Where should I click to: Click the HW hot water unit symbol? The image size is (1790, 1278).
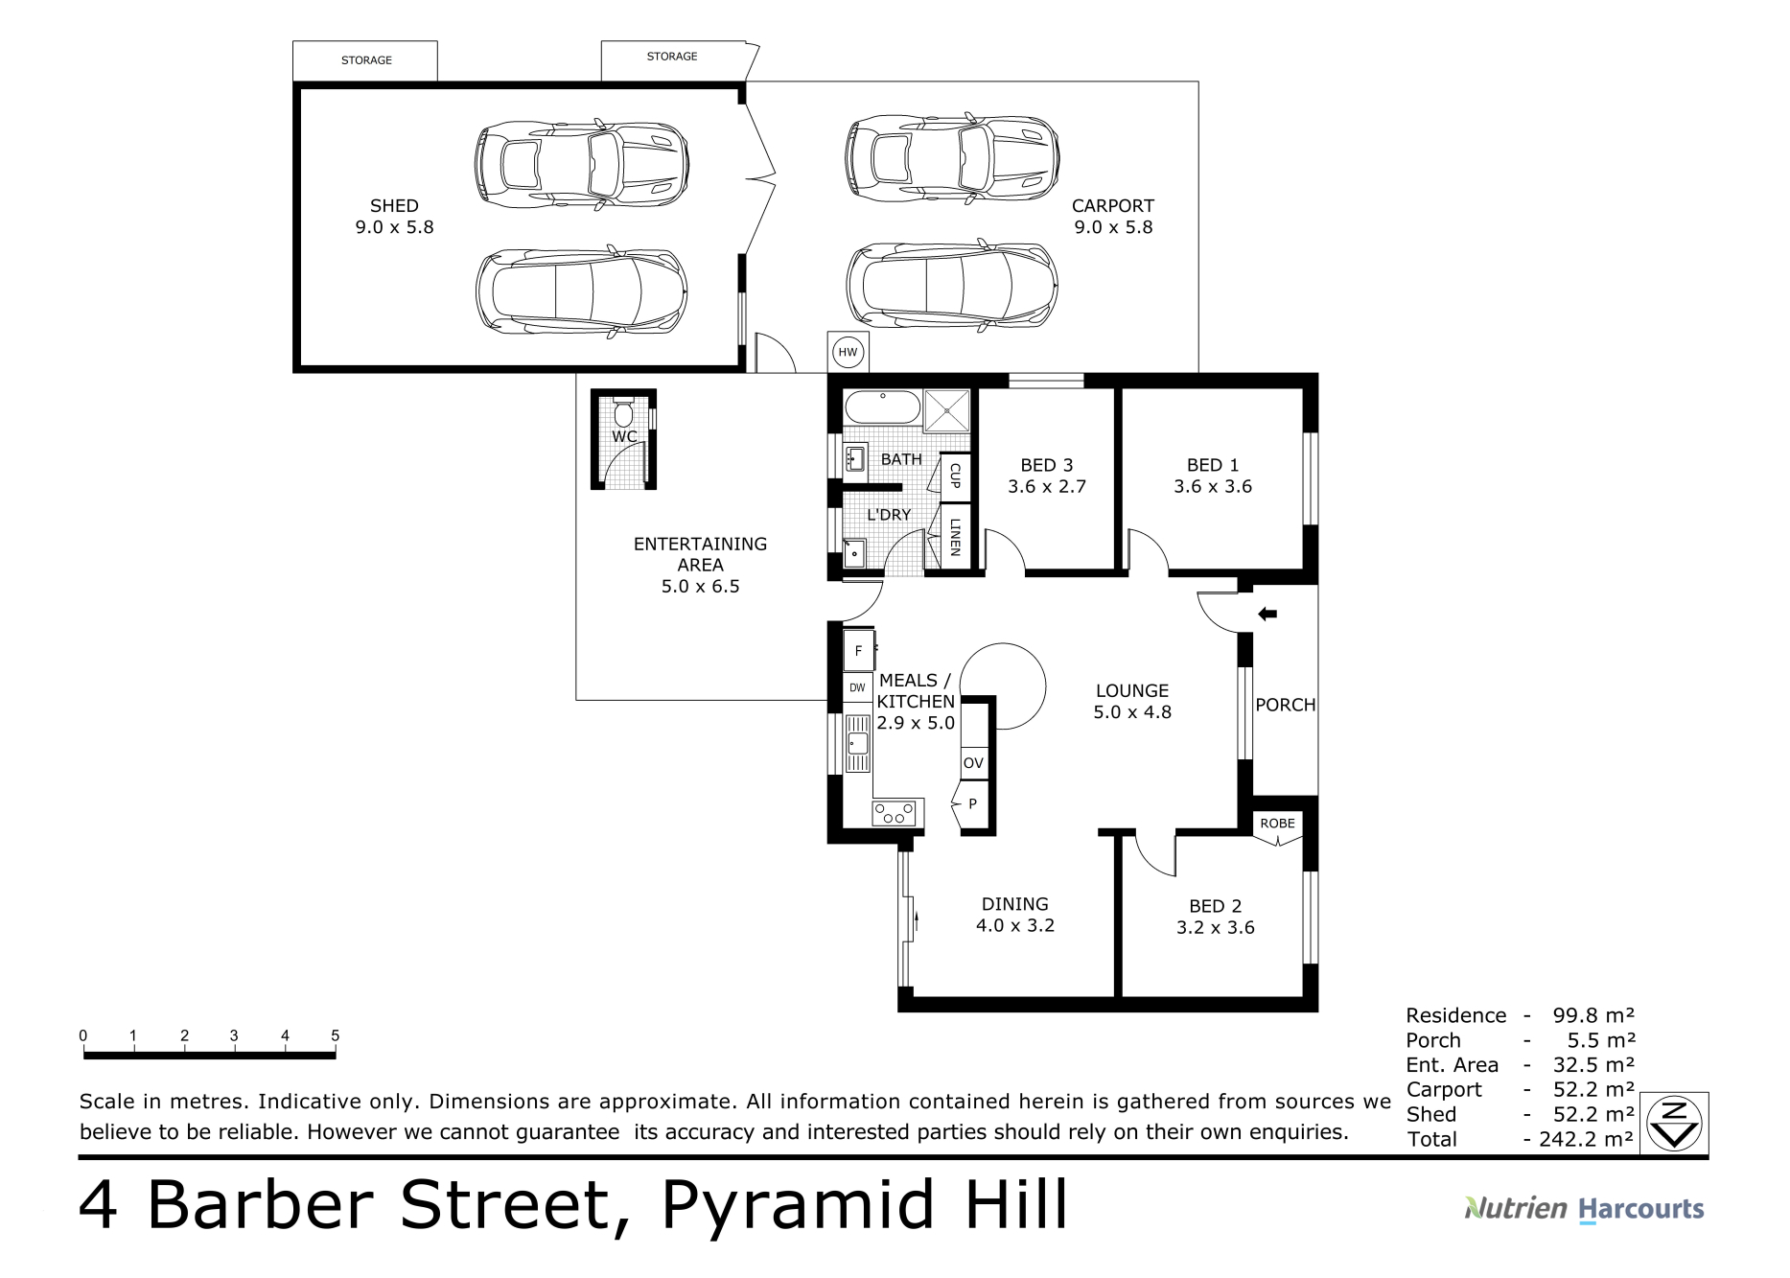(x=848, y=353)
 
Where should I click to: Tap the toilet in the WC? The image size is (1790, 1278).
(x=623, y=411)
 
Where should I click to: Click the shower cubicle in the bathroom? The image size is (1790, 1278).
(x=946, y=409)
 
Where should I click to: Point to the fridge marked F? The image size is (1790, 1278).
(x=859, y=650)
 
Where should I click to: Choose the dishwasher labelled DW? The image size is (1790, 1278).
(x=857, y=687)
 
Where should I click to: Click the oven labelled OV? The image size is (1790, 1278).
(x=973, y=763)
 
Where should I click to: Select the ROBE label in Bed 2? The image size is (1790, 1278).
(x=1277, y=824)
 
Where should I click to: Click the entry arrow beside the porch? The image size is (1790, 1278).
(x=1267, y=614)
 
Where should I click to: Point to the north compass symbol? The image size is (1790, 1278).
(x=1674, y=1122)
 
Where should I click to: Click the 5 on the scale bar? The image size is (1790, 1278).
(x=336, y=1035)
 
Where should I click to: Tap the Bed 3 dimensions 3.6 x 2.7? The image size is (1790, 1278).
(x=1047, y=486)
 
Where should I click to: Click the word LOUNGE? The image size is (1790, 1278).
(x=1132, y=690)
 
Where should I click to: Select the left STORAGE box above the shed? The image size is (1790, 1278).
(x=365, y=60)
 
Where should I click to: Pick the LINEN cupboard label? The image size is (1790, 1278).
(x=955, y=538)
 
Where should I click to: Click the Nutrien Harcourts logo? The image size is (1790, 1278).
(x=1584, y=1209)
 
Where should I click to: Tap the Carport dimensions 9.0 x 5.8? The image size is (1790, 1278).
(x=1113, y=227)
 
